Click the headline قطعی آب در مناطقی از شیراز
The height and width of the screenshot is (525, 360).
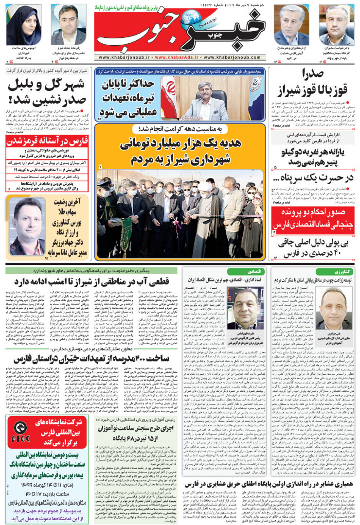97,281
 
